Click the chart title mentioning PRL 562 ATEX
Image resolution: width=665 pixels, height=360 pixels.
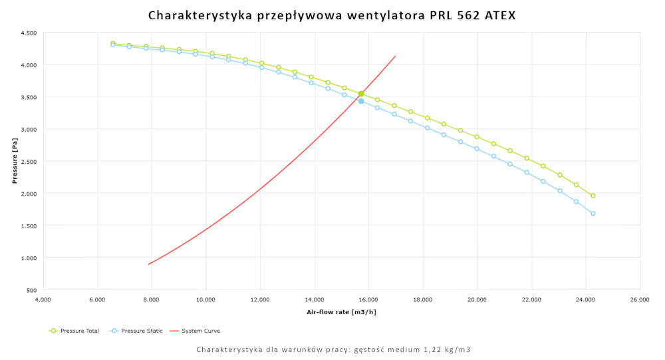[x=332, y=15]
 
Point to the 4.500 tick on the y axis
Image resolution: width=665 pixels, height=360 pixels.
[x=28, y=33]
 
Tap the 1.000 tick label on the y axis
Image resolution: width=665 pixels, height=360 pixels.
[x=28, y=258]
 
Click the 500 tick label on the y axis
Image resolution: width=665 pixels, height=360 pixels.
[x=31, y=290]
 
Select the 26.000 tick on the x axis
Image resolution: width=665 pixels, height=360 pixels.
[x=640, y=300]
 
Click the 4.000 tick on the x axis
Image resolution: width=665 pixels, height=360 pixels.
[x=43, y=300]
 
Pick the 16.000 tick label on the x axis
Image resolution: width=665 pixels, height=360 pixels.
[x=368, y=300]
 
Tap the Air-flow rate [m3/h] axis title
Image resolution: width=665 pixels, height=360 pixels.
[x=340, y=311]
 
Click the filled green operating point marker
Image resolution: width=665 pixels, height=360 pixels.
[x=361, y=94]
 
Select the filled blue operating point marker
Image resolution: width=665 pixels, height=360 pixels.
[x=361, y=101]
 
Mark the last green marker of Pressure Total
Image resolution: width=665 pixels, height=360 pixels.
[x=593, y=196]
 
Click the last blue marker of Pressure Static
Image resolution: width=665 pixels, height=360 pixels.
[x=593, y=214]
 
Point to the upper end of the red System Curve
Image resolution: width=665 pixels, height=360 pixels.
[x=396, y=56]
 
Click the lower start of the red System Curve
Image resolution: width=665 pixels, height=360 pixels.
[x=149, y=264]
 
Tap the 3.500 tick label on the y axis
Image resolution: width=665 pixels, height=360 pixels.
[x=28, y=97]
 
